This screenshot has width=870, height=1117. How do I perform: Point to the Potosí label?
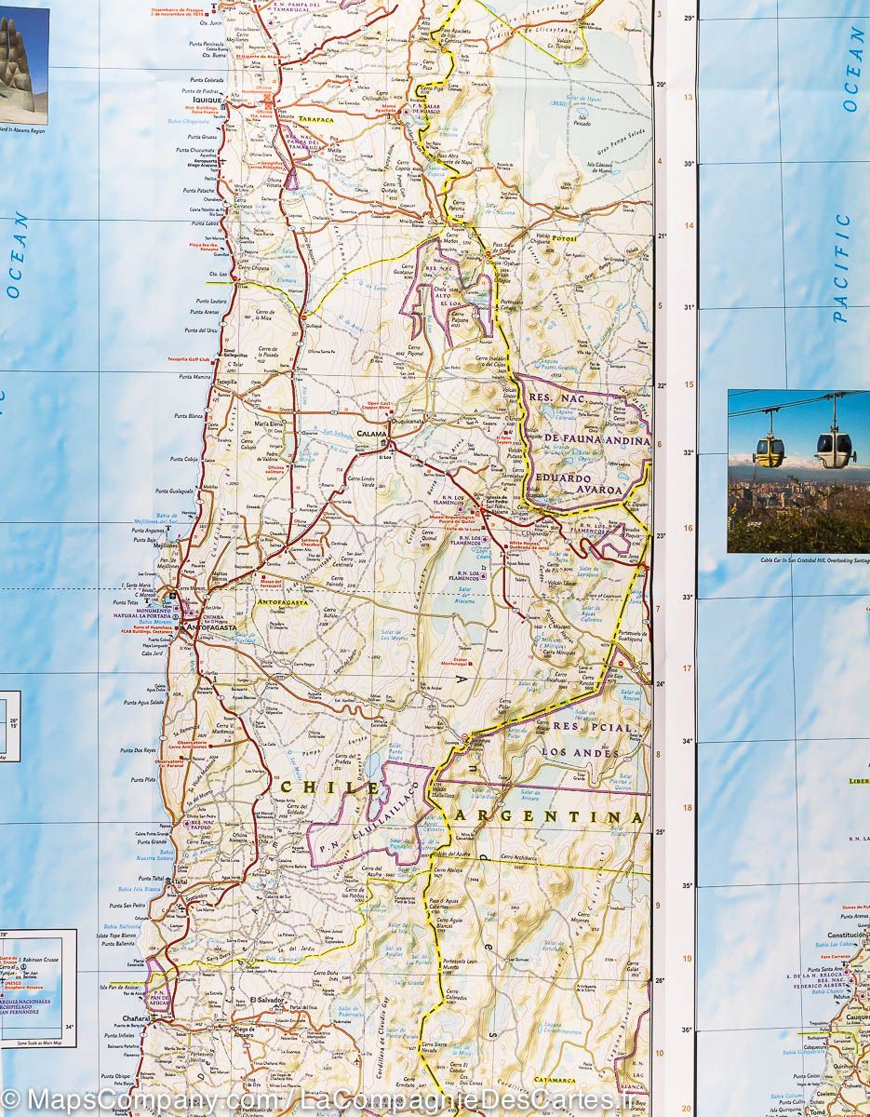click(564, 238)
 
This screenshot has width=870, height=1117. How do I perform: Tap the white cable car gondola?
click(836, 448)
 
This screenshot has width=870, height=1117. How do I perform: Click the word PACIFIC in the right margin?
click(842, 268)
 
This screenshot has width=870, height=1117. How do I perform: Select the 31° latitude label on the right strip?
click(689, 308)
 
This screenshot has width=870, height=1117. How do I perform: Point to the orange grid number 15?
click(689, 384)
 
